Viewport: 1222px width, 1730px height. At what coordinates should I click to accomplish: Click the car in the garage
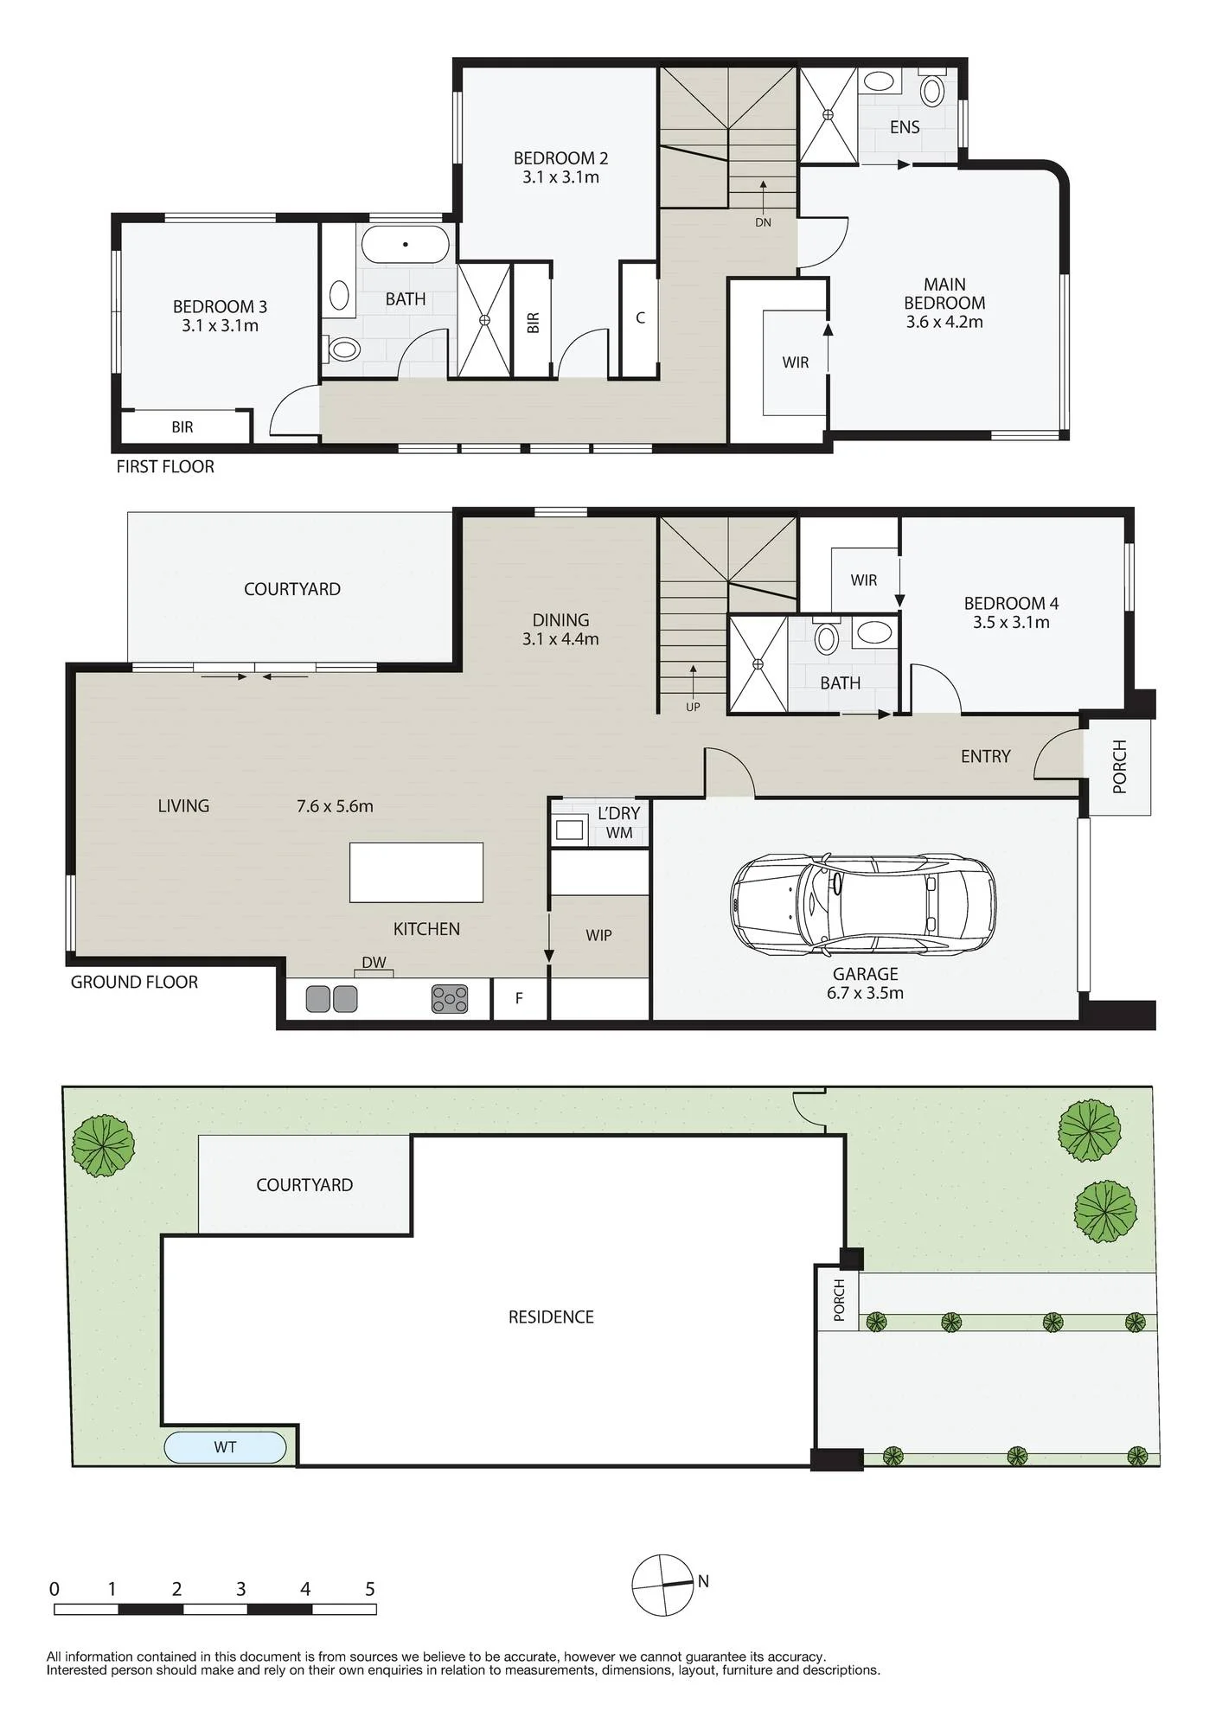point(863,906)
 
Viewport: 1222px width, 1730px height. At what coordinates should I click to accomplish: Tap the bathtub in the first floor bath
point(405,244)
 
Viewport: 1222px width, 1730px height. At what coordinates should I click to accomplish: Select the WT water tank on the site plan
point(225,1447)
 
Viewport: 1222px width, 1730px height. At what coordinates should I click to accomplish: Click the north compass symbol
point(662,1585)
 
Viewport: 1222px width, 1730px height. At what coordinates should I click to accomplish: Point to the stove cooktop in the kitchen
point(450,999)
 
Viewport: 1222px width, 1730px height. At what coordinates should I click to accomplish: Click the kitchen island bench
point(416,872)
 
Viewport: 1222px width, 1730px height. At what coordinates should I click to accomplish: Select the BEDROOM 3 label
point(220,306)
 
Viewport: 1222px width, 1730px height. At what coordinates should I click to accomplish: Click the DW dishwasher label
point(374,963)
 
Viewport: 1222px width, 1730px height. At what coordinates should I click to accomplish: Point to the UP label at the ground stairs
point(693,707)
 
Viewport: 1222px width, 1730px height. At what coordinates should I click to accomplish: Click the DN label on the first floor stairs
point(763,222)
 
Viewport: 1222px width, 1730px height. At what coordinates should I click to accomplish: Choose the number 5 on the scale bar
point(370,1589)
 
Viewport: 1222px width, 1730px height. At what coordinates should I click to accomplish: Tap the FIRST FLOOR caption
point(165,466)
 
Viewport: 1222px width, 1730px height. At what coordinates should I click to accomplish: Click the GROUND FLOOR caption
point(134,982)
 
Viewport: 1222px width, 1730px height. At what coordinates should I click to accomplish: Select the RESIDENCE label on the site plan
point(551,1317)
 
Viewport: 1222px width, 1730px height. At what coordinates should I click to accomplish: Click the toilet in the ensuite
point(932,89)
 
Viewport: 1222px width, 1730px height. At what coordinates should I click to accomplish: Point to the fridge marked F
point(519,998)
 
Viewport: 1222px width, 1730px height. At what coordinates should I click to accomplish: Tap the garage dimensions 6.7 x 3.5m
point(865,993)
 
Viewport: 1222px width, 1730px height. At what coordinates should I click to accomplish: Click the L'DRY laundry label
point(618,813)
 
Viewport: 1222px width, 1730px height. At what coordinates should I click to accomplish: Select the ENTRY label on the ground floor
point(985,756)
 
